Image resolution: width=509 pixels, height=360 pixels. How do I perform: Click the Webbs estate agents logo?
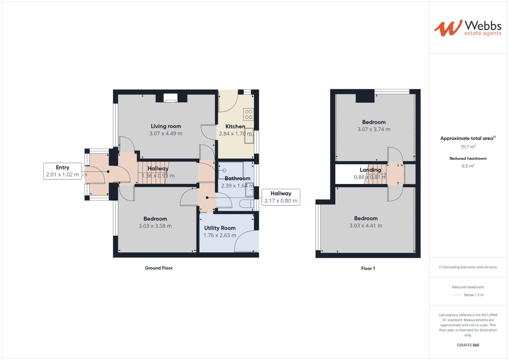pyautogui.click(x=467, y=28)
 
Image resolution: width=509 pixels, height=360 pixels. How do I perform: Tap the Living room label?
pyautogui.click(x=166, y=126)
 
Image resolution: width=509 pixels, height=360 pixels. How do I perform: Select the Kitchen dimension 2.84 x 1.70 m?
pyautogui.click(x=235, y=134)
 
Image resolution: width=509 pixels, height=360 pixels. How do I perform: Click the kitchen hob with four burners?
pyautogui.click(x=249, y=114)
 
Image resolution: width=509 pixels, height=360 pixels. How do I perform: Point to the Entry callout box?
pyautogui.click(x=63, y=171)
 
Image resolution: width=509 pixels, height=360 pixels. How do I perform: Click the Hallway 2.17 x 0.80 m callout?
pyautogui.click(x=281, y=197)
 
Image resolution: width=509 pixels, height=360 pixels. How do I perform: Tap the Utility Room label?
pyautogui.click(x=220, y=228)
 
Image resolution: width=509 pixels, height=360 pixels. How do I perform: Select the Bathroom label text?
pyautogui.click(x=237, y=178)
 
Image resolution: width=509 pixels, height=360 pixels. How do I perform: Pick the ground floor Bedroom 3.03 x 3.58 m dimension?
pyautogui.click(x=155, y=226)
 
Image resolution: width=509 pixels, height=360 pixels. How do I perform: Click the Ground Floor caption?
pyautogui.click(x=159, y=268)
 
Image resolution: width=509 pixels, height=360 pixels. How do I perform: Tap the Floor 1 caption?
pyautogui.click(x=368, y=268)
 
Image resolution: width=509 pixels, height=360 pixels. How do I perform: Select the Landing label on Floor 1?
pyautogui.click(x=370, y=170)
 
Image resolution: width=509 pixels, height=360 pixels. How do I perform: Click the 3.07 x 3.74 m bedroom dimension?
pyautogui.click(x=374, y=129)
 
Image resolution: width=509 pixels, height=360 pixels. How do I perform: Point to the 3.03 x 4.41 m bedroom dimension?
pyautogui.click(x=366, y=226)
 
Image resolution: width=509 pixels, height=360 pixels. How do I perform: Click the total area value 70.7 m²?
pyautogui.click(x=468, y=147)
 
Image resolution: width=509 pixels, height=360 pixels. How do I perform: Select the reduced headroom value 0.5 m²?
pyautogui.click(x=468, y=166)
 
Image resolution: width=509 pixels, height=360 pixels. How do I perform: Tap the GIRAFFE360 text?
pyautogui.click(x=468, y=345)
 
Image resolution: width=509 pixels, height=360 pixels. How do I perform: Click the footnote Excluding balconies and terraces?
pyautogui.click(x=468, y=267)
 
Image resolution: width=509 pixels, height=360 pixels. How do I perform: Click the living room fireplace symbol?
pyautogui.click(x=171, y=98)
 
